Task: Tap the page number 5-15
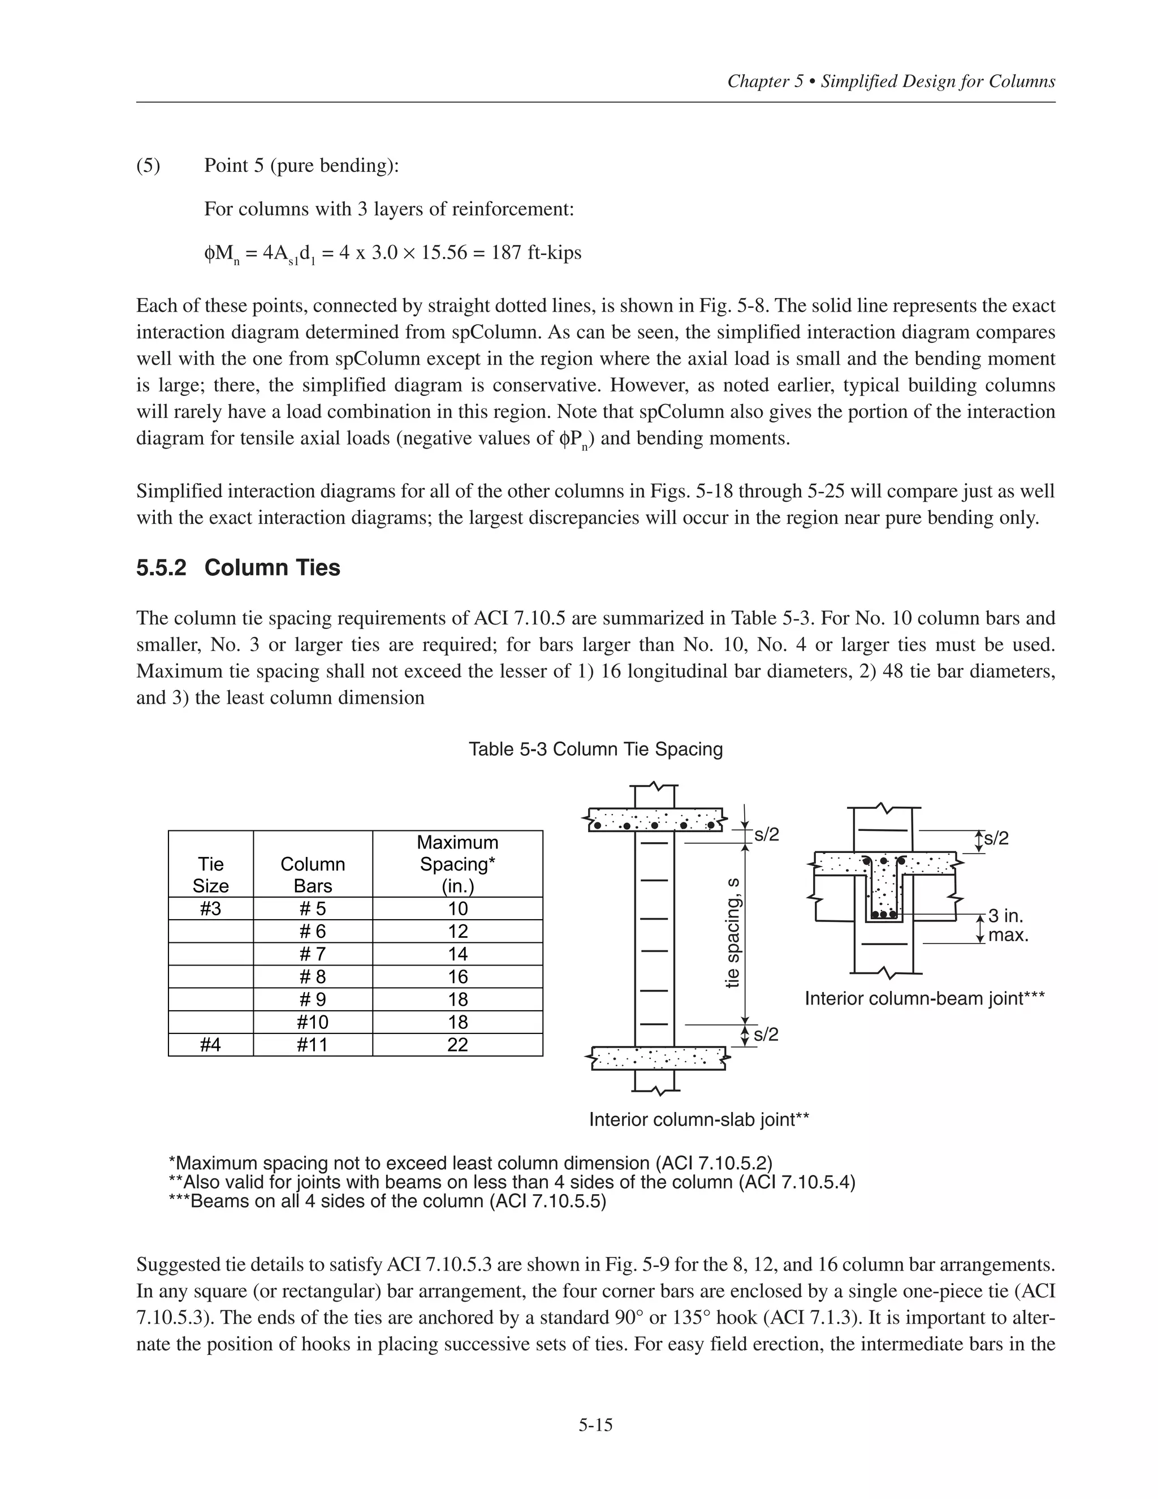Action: (x=595, y=1425)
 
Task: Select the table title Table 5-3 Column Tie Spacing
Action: (x=595, y=749)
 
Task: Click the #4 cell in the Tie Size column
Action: (x=210, y=1045)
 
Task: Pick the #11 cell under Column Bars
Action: (x=312, y=1045)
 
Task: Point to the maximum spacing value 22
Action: (x=457, y=1045)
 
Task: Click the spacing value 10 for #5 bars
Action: (x=457, y=909)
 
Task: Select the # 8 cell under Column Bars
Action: (x=312, y=977)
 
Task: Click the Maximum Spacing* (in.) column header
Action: (x=457, y=864)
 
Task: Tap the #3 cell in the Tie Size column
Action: (x=210, y=909)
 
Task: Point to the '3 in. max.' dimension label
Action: (x=1007, y=925)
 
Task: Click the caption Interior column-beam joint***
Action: (x=924, y=998)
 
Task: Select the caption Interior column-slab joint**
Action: (x=699, y=1120)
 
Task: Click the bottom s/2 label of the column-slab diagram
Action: (x=766, y=1035)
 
